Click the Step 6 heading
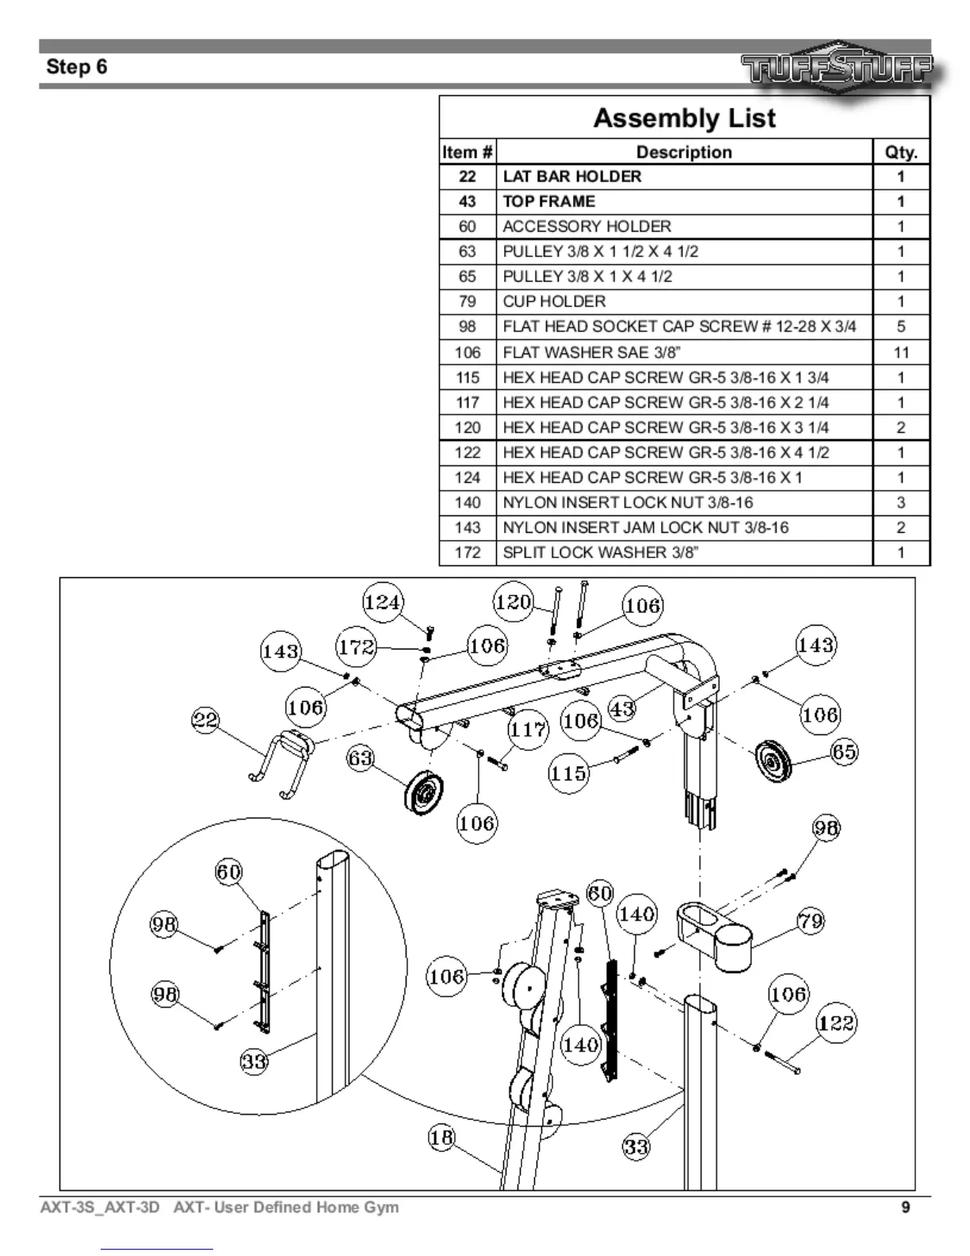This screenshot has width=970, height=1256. (x=77, y=67)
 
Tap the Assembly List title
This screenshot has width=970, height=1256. (x=684, y=118)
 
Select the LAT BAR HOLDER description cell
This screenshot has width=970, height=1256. (x=572, y=176)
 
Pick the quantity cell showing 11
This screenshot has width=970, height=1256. (x=901, y=352)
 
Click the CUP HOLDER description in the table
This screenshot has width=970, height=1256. (x=554, y=301)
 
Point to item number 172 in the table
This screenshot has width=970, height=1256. (x=468, y=553)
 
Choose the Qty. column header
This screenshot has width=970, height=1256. (x=901, y=152)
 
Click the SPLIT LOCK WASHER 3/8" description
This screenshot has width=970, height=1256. (x=601, y=553)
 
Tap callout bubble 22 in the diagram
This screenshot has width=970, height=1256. (x=206, y=721)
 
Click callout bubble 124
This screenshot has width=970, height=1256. (x=382, y=603)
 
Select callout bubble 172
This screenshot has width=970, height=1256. (x=356, y=647)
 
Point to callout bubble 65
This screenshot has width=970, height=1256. (x=844, y=752)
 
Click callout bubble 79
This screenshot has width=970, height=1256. (x=811, y=921)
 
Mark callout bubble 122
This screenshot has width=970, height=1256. (x=836, y=1023)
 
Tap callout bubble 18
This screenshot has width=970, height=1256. (x=441, y=1138)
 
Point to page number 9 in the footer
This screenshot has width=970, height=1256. (x=906, y=1208)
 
